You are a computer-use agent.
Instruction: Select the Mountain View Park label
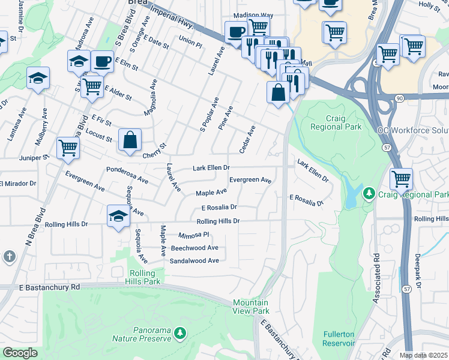(x=251, y=307)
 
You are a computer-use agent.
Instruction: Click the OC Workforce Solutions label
(x=413, y=130)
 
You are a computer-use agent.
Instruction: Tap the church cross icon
(x=9, y=257)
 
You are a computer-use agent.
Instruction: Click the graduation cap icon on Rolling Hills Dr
(x=119, y=217)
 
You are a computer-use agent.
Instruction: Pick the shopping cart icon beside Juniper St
(x=68, y=148)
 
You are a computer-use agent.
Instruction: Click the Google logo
(x=20, y=353)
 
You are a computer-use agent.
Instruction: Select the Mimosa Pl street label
(x=193, y=235)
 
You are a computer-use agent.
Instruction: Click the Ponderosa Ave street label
(x=127, y=174)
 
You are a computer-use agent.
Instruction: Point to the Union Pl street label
(x=190, y=40)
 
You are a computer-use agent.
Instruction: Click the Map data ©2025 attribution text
(x=423, y=355)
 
